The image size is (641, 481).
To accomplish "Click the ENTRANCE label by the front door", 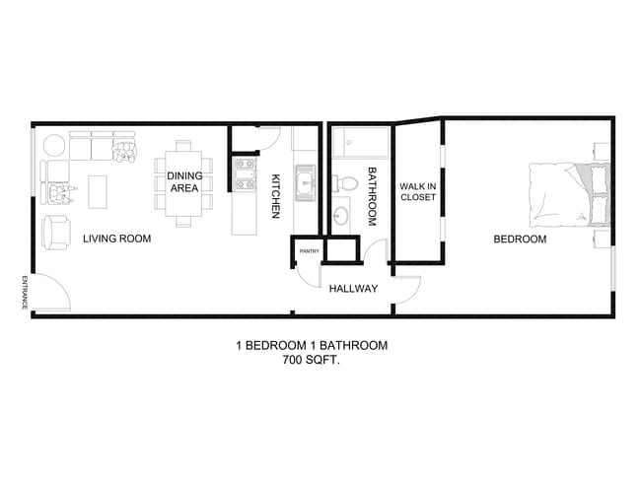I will point(23,293).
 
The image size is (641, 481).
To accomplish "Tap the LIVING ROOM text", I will point(116,239).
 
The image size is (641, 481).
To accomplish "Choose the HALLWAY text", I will point(353,289).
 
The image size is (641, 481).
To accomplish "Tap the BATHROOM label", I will point(373,197).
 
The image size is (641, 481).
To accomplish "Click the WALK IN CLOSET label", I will point(417,191).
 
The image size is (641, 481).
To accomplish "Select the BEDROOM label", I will point(520,239).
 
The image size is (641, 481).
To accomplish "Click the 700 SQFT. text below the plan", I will point(311,361).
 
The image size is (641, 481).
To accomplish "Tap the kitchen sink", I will point(306,181).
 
